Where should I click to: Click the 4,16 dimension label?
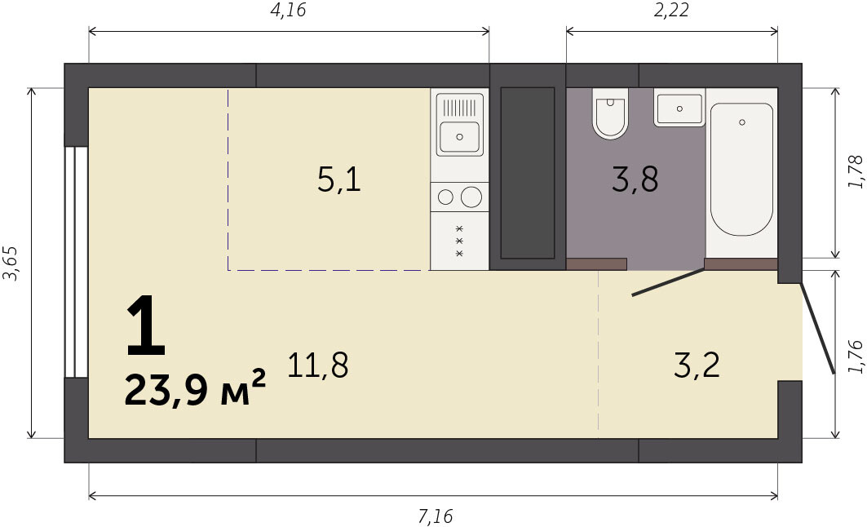pos(288,11)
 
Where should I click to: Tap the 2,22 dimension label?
pos(671,11)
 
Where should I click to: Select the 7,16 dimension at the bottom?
pos(436,516)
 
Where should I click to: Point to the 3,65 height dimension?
pos(11,263)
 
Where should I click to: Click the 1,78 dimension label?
pos(856,172)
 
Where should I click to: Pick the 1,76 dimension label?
pos(856,357)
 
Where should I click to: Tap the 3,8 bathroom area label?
pos(635,180)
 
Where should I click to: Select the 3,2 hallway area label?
pos(697,365)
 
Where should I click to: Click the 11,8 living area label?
pos(318,365)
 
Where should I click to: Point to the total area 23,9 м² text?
pos(195,389)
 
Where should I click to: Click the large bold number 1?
pos(145,325)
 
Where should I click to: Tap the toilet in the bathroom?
pos(610,113)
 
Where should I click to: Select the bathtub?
pos(741,169)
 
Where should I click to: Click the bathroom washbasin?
pos(679,108)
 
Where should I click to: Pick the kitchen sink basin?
pos(459,136)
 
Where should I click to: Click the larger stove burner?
pos(471,197)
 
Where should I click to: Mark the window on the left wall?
pos(77,262)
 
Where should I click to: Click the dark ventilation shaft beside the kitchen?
pos(528,172)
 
